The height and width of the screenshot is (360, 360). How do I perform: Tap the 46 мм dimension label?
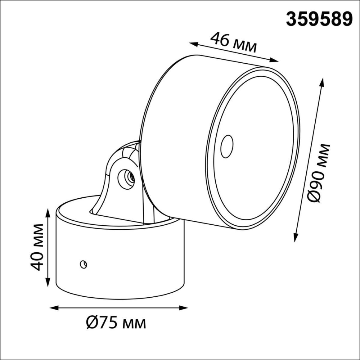pos(234,43)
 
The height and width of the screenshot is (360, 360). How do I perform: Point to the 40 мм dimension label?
pos(39,247)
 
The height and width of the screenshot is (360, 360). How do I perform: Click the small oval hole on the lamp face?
pos(226,147)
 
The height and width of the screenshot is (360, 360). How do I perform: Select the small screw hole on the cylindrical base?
pos(83,264)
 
